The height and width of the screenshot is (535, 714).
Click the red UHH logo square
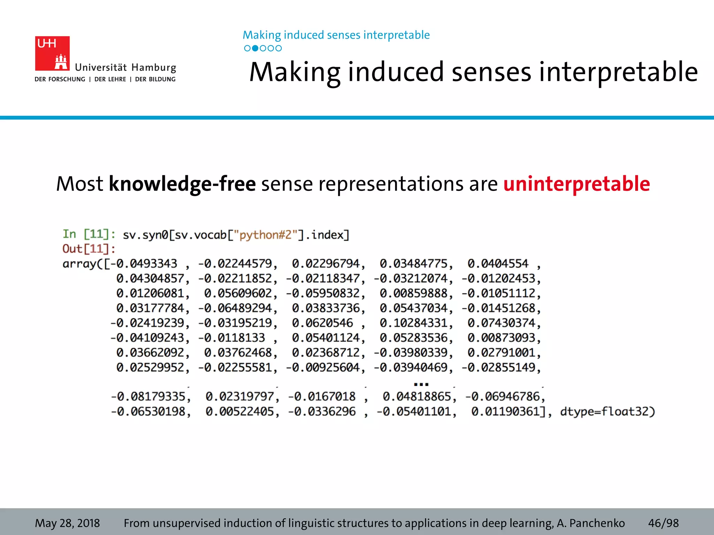(52, 53)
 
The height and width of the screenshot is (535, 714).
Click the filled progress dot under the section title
(255, 48)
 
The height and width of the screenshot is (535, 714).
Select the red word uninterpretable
(577, 184)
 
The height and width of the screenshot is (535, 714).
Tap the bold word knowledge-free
(182, 184)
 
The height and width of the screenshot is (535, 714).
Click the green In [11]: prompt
(89, 234)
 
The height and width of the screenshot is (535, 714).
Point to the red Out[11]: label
(89, 249)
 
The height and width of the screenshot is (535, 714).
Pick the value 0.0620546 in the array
(322, 323)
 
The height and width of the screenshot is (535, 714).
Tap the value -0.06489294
(235, 308)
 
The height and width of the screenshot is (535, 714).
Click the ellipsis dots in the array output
(421, 384)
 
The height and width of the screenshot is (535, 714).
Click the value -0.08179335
(148, 396)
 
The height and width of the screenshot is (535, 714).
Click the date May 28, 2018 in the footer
(67, 523)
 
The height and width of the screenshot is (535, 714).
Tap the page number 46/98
(663, 523)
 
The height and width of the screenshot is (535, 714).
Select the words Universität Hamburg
(126, 67)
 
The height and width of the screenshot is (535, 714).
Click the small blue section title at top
(336, 35)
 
